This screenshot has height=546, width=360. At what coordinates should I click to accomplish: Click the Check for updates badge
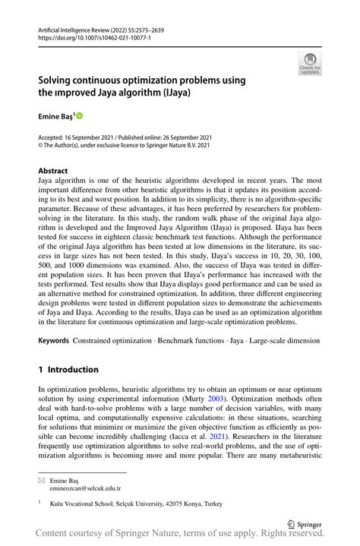311,65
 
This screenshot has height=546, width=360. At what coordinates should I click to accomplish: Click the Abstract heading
53,172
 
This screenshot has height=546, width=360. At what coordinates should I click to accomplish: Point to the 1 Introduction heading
68,370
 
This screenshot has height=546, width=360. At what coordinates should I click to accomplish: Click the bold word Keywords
55,341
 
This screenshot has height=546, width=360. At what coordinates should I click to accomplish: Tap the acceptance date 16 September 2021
102,137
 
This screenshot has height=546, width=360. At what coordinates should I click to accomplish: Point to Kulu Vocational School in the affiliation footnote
84,503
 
